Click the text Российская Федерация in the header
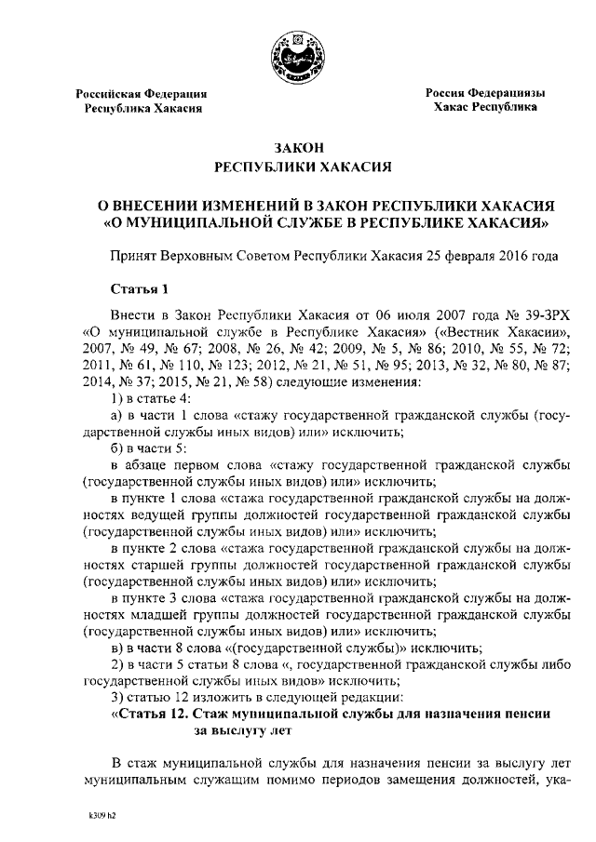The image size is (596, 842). point(142,95)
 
